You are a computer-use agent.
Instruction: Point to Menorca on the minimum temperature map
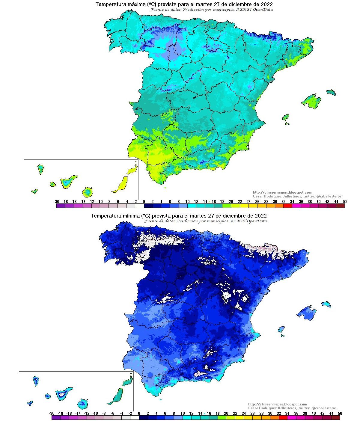(326, 304)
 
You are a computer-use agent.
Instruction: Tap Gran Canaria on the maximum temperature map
(87, 192)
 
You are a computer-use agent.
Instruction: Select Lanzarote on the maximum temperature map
(132, 170)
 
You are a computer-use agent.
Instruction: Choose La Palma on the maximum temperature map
(40, 169)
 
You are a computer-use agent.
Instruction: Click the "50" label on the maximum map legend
(344, 202)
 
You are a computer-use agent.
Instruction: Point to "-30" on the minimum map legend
(52, 414)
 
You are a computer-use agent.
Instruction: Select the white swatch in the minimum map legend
(135, 417)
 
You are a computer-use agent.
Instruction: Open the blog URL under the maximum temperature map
(282, 192)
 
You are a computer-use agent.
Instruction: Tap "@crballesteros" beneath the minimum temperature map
(324, 408)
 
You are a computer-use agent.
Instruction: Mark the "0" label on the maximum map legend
(144, 202)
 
